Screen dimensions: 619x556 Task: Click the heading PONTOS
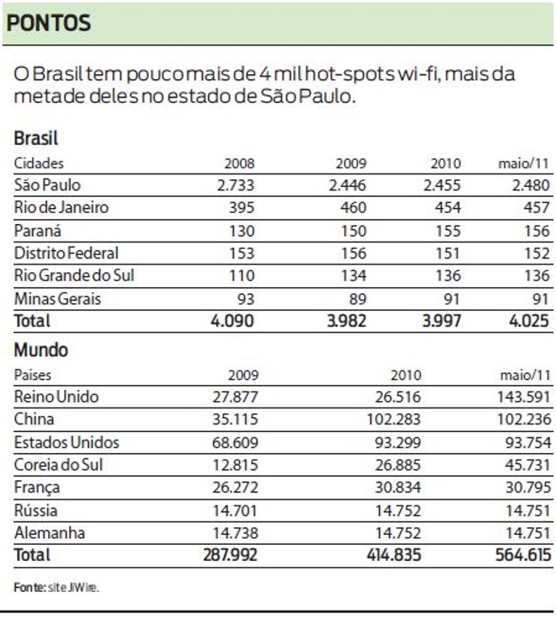pos(48,23)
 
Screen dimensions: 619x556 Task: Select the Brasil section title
pos(35,139)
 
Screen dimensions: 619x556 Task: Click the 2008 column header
pos(239,163)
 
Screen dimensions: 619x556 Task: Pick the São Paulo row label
pos(48,185)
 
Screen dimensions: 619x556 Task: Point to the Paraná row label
pos(38,231)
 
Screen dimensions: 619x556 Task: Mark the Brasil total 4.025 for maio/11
pos(528,321)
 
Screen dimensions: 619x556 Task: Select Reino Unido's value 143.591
pos(523,398)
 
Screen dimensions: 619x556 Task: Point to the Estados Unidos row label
pos(67,442)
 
